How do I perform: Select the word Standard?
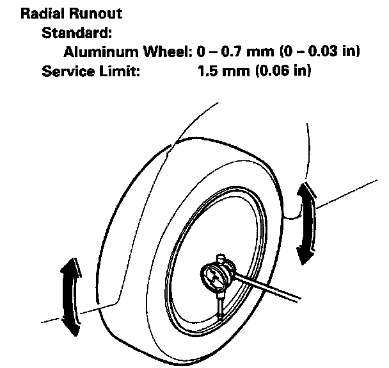[69, 31]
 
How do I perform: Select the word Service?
[68, 70]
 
